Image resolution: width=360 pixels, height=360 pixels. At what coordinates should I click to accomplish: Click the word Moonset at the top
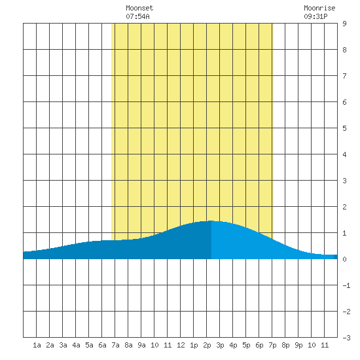pyautogui.click(x=139, y=8)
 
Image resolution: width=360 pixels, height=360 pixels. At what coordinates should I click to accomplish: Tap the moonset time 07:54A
pyautogui.click(x=137, y=16)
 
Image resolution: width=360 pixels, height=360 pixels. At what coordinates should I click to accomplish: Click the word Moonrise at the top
pyautogui.click(x=319, y=8)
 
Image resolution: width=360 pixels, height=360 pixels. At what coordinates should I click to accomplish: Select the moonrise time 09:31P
pyautogui.click(x=315, y=16)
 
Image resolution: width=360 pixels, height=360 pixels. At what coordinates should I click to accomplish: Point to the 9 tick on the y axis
pyautogui.click(x=344, y=24)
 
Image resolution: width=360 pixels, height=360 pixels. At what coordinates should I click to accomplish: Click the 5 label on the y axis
pyautogui.click(x=344, y=128)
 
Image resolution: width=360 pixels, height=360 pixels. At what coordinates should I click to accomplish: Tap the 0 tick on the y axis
pyautogui.click(x=344, y=259)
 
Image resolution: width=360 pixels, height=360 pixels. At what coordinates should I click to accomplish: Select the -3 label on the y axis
pyautogui.click(x=346, y=338)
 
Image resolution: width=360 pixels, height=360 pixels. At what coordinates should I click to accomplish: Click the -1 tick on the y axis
pyautogui.click(x=346, y=285)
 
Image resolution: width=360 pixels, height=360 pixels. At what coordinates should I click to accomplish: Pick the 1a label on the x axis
pyautogui.click(x=37, y=345)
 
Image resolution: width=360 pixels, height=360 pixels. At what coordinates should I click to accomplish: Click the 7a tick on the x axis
pyautogui.click(x=115, y=345)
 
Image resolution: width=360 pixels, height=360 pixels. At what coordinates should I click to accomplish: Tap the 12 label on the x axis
pyautogui.click(x=181, y=345)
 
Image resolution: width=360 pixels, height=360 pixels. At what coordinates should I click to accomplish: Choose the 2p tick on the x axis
pyautogui.click(x=207, y=345)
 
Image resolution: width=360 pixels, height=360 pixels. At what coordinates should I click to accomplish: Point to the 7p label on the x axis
pyautogui.click(x=272, y=345)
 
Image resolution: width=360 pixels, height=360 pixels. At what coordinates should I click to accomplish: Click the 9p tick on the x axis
pyautogui.click(x=298, y=345)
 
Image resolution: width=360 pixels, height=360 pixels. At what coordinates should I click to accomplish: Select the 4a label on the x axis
pyautogui.click(x=76, y=345)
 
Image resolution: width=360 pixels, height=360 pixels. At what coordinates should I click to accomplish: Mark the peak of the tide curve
pyautogui.click(x=211, y=221)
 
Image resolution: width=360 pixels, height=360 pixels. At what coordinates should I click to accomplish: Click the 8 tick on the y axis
pyautogui.click(x=344, y=50)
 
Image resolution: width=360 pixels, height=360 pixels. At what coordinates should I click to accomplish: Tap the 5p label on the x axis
pyautogui.click(x=246, y=345)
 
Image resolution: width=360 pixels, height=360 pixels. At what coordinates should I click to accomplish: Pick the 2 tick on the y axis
pyautogui.click(x=344, y=207)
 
